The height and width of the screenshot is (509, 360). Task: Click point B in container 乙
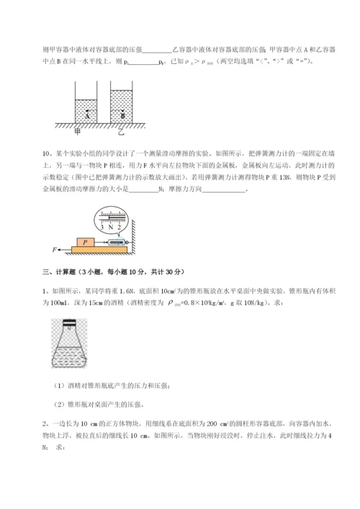122,114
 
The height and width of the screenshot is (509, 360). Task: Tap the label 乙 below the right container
121,132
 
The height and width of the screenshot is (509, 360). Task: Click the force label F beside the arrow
55,251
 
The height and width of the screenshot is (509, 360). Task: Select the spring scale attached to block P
115,243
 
